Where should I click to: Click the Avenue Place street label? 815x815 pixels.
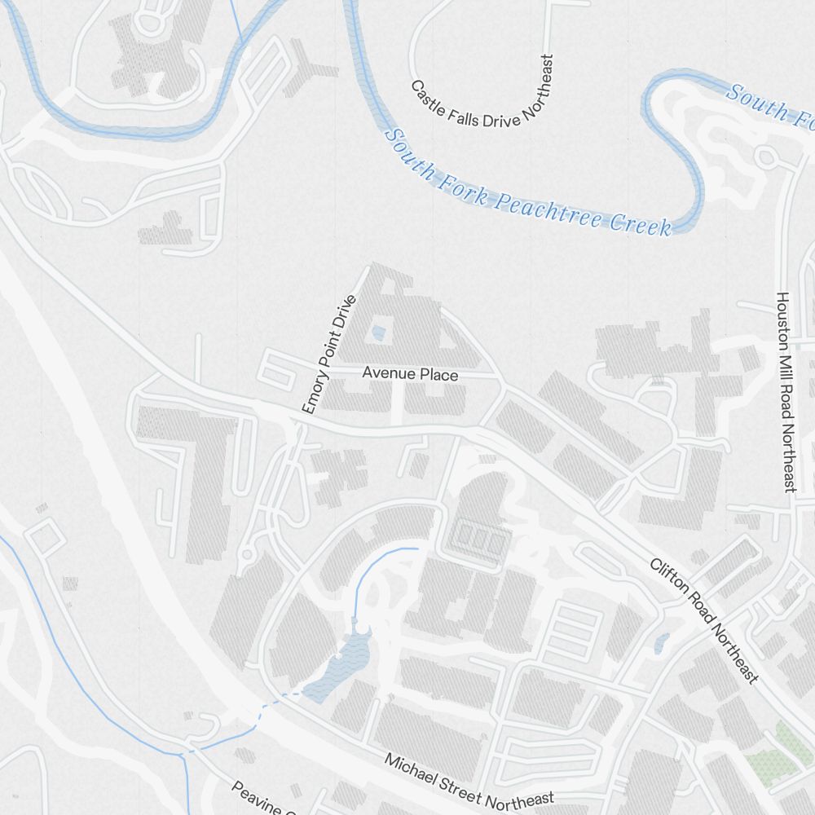(410, 374)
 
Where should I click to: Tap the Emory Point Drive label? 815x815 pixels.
(329, 355)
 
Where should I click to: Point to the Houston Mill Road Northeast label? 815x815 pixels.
(785, 391)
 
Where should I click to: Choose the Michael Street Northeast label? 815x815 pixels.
(469, 782)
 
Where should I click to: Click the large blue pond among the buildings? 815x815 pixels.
(343, 664)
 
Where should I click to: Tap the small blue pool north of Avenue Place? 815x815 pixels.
(378, 332)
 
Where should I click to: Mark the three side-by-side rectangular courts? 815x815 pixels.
(479, 539)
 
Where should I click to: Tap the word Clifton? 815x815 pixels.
(667, 575)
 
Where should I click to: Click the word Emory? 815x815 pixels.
(314, 394)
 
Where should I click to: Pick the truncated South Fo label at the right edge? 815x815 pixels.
(770, 104)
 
